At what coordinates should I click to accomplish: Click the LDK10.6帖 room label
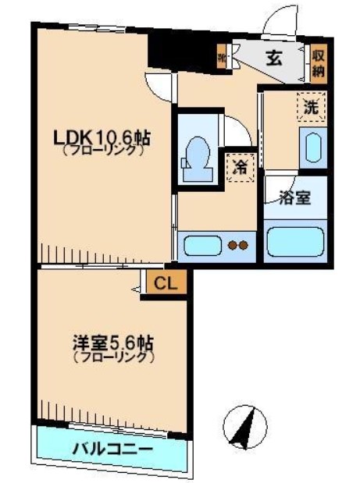pos(101,137)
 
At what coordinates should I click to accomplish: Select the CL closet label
pos(164,283)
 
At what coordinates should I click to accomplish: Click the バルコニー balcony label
pos(112,450)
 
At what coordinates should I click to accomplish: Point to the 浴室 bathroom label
pos(294,197)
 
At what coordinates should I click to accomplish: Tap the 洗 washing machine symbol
pos(310,108)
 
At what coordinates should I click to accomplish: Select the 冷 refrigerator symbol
pos(240,166)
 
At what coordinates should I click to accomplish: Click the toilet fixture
pos(197,154)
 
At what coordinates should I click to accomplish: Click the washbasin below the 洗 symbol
pos(312,147)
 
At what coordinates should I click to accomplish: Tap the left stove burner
pos(232,245)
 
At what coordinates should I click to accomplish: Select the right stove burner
pos(244,245)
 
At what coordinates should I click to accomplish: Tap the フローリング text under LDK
pos(101,151)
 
